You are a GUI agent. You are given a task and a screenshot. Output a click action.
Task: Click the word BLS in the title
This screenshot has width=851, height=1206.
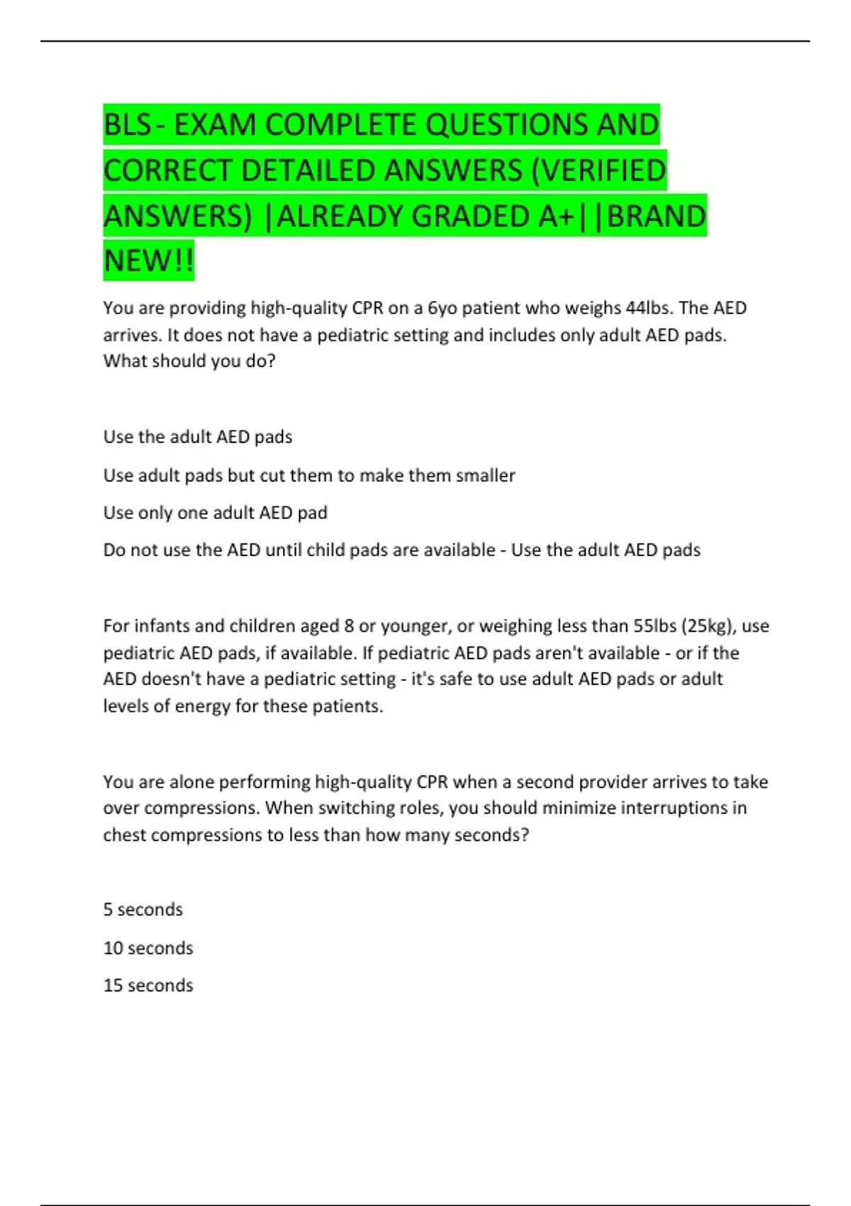pos(127,125)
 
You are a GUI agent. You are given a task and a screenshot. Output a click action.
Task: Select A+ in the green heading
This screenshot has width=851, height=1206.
pos(555,216)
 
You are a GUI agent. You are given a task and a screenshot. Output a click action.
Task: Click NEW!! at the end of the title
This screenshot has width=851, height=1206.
pos(148,261)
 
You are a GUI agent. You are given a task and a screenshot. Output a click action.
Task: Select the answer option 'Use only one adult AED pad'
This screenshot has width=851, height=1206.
pos(215,512)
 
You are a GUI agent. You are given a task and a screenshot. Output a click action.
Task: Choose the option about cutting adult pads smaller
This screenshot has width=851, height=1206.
pos(309,475)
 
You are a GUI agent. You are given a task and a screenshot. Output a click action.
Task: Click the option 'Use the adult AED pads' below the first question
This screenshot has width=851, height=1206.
pos(198,436)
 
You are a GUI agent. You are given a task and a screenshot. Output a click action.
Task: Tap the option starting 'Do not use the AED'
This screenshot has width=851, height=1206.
pos(299,550)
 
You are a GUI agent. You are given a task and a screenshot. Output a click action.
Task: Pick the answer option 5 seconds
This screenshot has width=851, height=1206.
pos(143,909)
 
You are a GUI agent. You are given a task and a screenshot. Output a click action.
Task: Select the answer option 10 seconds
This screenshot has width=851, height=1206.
pos(148,948)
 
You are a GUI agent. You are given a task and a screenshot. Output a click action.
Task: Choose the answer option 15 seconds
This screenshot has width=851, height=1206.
pos(148,985)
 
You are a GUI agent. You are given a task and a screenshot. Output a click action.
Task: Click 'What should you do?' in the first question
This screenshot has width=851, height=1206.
pos(189,360)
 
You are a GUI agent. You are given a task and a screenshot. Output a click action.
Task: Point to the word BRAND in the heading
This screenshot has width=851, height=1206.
pos(657,216)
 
